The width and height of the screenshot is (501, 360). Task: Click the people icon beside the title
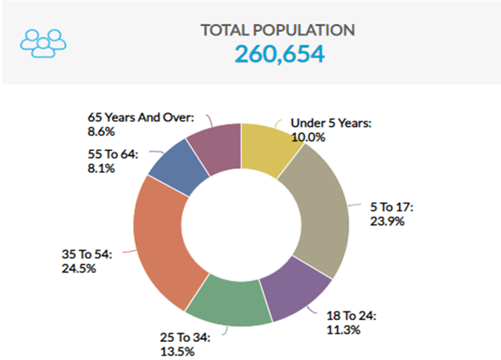(44, 43)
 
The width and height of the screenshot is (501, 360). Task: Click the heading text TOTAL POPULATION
(278, 31)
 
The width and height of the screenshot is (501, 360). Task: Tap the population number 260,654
(278, 54)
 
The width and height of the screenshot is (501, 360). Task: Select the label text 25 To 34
(181, 337)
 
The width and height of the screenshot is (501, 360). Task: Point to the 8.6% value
(103, 131)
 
